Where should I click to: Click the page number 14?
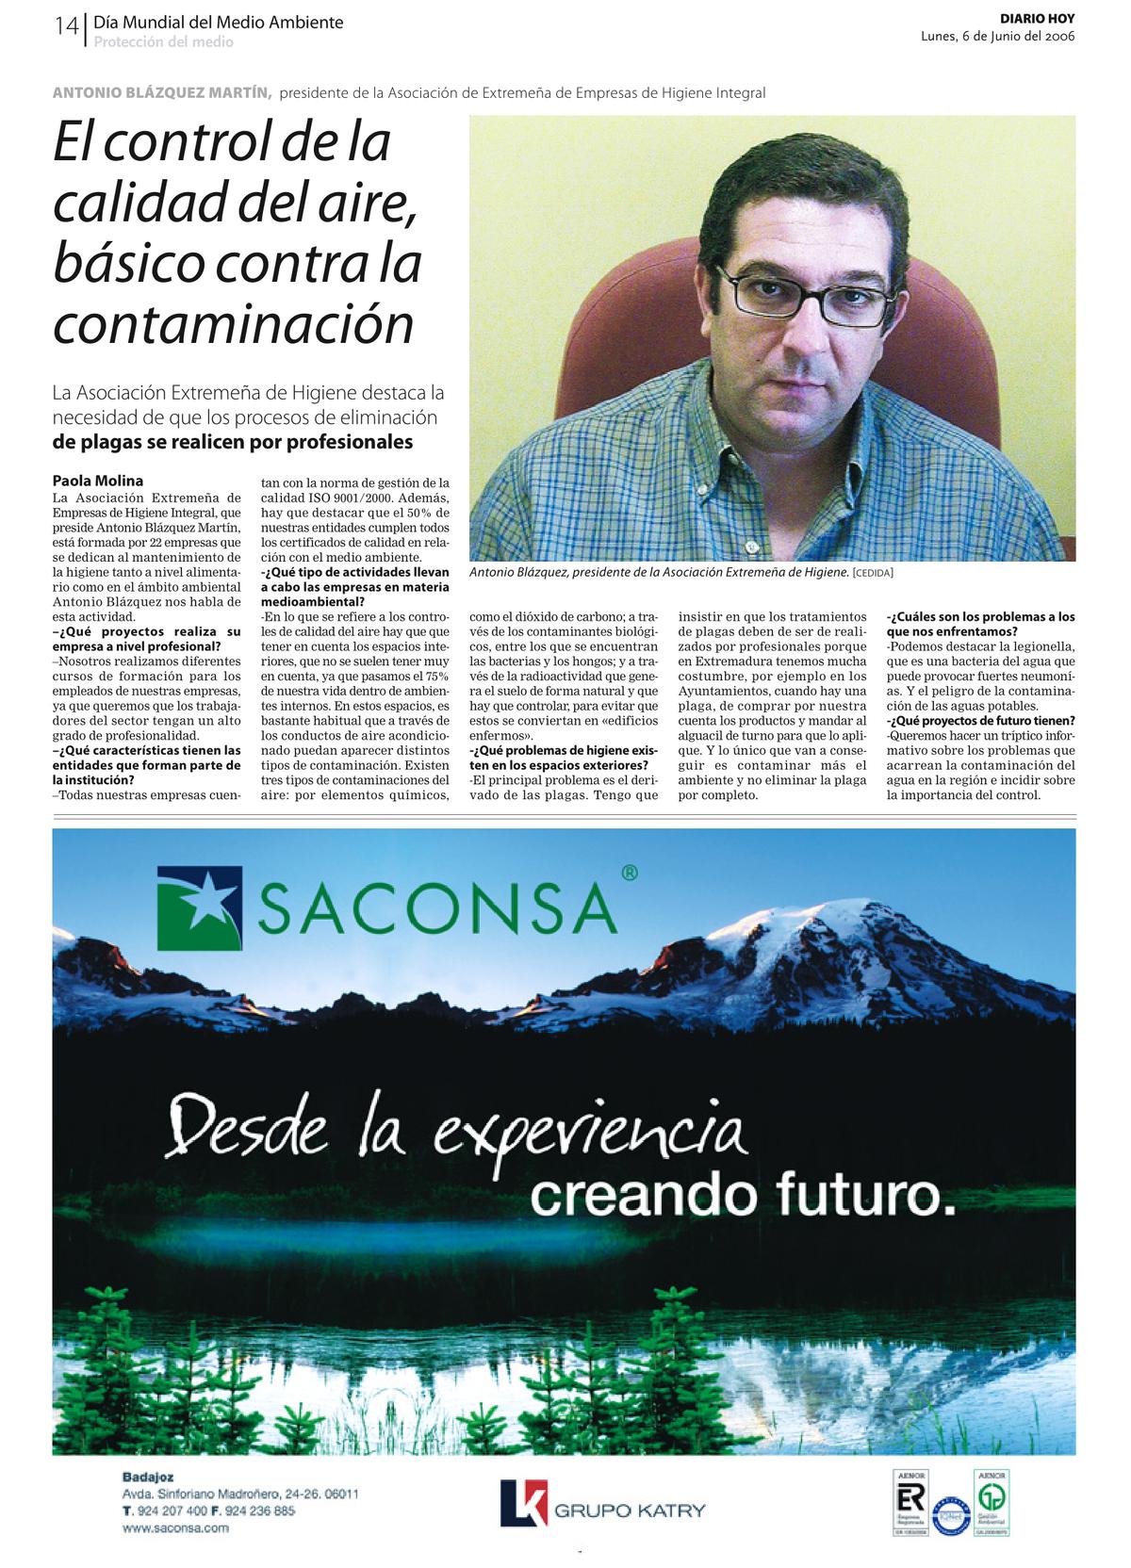pyautogui.click(x=66, y=26)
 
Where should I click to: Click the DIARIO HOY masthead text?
pyautogui.click(x=1037, y=19)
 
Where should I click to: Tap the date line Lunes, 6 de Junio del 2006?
pyautogui.click(x=997, y=37)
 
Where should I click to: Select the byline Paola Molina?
pyautogui.click(x=98, y=481)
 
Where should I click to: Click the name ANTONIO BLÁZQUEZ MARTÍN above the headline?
pyautogui.click(x=162, y=92)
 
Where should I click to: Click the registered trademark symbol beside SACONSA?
pyautogui.click(x=629, y=874)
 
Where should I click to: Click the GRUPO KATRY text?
pyautogui.click(x=630, y=1511)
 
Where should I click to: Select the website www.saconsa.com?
pyautogui.click(x=175, y=1528)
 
